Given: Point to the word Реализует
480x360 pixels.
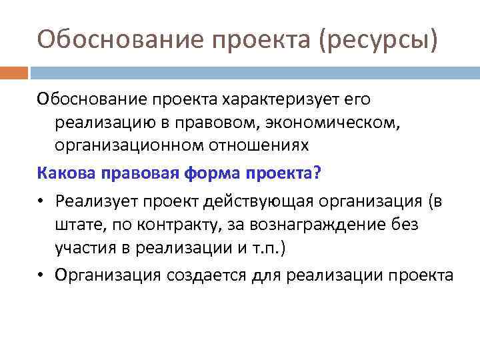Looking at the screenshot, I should pos(97,199).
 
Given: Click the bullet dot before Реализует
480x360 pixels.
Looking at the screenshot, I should pos(42,199).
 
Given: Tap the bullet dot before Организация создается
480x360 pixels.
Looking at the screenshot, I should pos(42,273).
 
